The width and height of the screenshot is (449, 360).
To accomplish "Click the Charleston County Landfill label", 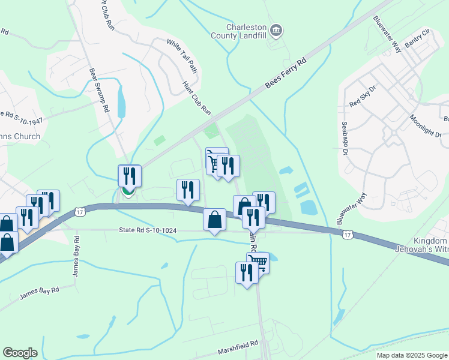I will pyautogui.click(x=246, y=31).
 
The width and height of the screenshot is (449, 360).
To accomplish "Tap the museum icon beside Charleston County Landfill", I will pyautogui.click(x=276, y=29).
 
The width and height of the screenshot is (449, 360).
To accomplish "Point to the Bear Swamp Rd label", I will pyautogui.click(x=100, y=91).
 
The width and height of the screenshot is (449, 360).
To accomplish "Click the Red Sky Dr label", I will pyautogui.click(x=363, y=96).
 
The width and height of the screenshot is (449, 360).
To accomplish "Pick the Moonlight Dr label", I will pyautogui.click(x=426, y=126).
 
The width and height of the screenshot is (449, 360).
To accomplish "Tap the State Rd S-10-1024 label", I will pyautogui.click(x=148, y=230).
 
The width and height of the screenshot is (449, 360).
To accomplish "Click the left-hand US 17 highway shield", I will pyautogui.click(x=80, y=212).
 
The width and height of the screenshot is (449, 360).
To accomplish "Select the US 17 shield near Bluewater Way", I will pyautogui.click(x=347, y=235).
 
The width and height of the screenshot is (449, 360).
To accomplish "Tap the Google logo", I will pyautogui.click(x=20, y=353).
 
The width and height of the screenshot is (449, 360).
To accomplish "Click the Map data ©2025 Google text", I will pyautogui.click(x=412, y=355).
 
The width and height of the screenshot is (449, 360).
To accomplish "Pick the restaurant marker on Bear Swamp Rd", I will pyautogui.click(x=130, y=176).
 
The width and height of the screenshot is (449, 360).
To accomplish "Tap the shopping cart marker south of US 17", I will pyautogui.click(x=258, y=262).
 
